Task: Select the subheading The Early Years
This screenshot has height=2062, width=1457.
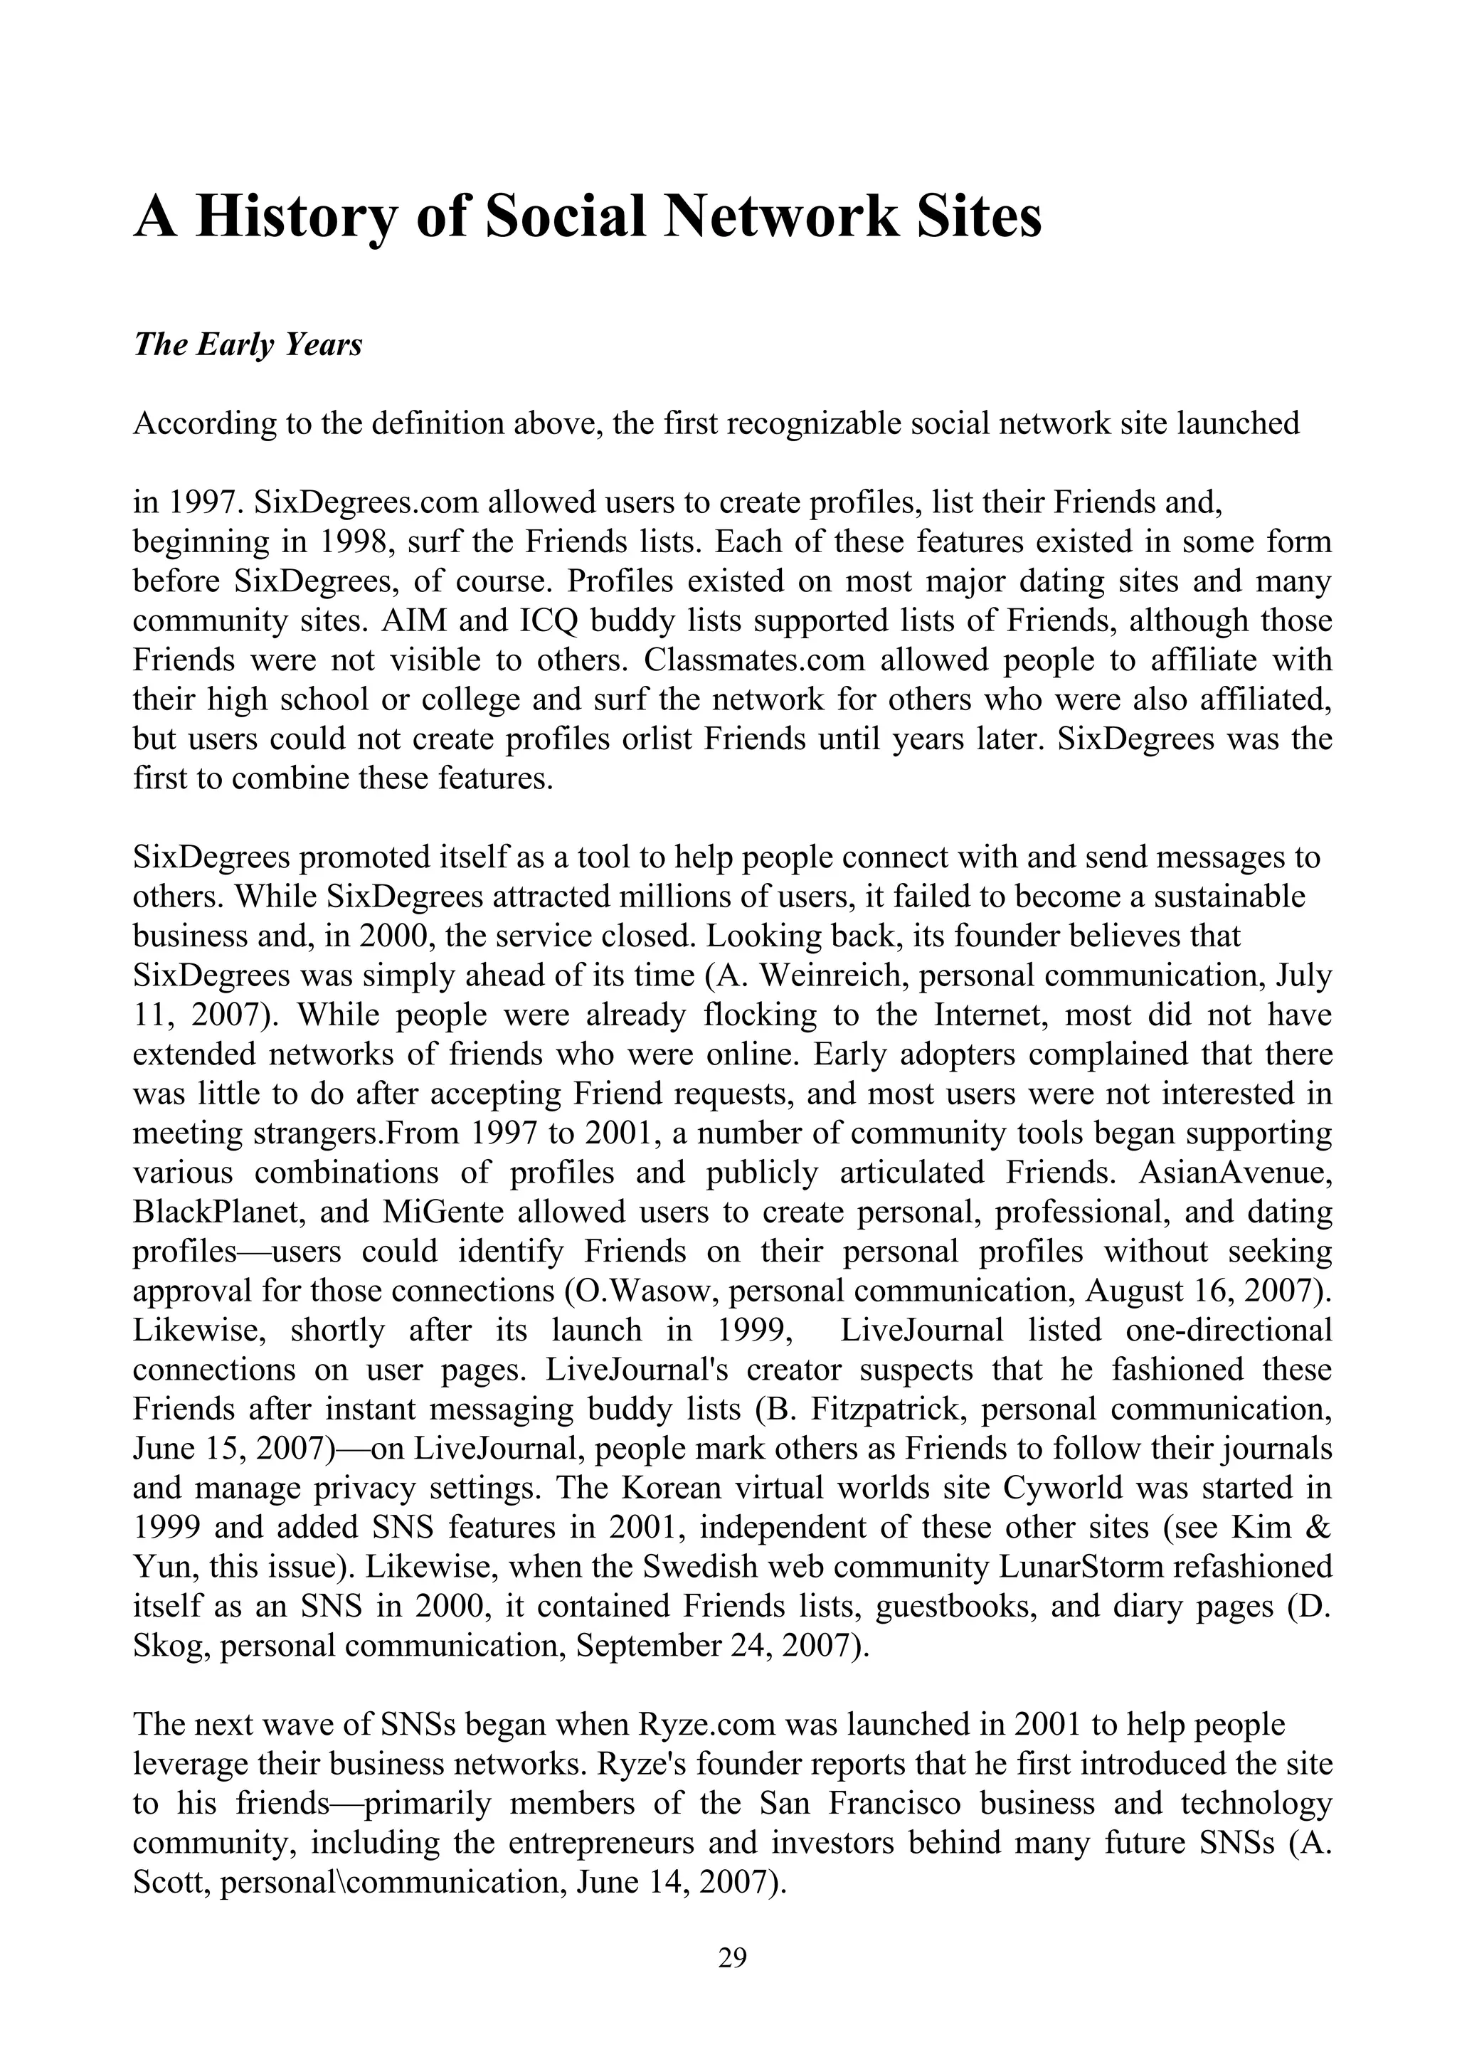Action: [x=248, y=345]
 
